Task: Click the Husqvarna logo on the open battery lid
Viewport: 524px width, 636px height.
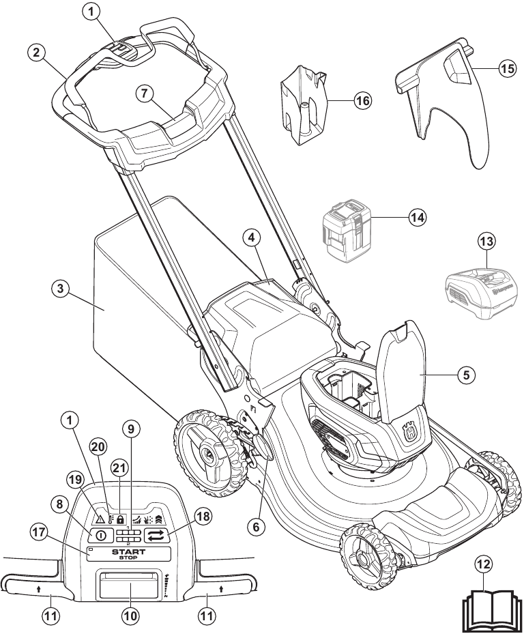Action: [411, 433]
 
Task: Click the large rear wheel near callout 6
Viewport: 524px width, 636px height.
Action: [209, 452]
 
